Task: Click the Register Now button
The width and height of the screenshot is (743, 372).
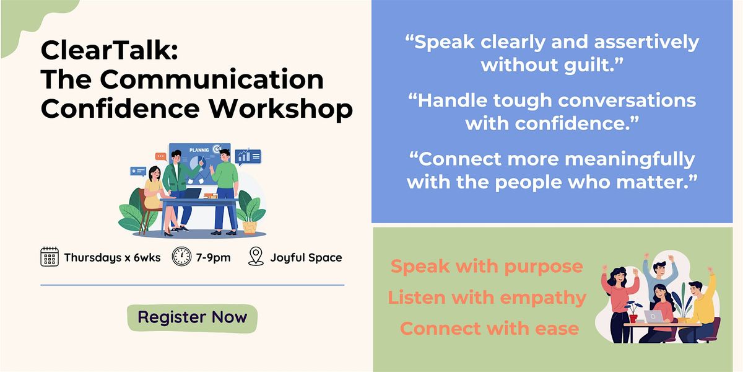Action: coord(192,318)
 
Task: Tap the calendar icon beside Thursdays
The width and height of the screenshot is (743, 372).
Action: coord(50,257)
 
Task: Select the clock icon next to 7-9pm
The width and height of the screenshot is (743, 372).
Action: coord(181,257)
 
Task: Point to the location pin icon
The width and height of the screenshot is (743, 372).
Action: coord(256,256)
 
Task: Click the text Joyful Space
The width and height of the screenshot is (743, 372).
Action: coord(306,257)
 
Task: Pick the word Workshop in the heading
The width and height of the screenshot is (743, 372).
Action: coord(280,108)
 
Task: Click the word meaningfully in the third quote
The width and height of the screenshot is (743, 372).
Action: coord(630,160)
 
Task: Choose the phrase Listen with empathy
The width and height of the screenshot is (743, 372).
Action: coord(487,298)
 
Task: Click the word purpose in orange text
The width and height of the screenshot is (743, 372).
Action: coord(544,267)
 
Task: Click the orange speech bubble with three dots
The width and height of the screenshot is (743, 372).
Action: coord(161,156)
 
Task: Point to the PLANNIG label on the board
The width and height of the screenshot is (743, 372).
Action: coord(199,150)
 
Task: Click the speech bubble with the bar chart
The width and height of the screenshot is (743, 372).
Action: coord(248,156)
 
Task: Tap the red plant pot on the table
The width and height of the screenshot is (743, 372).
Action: coord(633,318)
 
